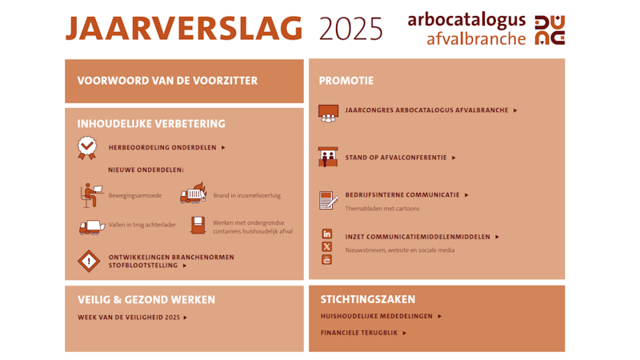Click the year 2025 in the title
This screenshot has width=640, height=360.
pyautogui.click(x=350, y=29)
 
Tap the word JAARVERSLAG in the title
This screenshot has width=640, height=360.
pyautogui.click(x=184, y=29)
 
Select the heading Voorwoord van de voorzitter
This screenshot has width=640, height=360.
pyautogui.click(x=167, y=81)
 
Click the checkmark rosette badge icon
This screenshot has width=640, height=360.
pyautogui.click(x=87, y=148)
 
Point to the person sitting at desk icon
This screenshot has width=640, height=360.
pyautogui.click(x=91, y=195)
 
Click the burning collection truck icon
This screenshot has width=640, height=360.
pyautogui.click(x=194, y=193)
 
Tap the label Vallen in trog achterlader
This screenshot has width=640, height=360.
pyautogui.click(x=142, y=225)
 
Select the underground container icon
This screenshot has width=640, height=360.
pyautogui.click(x=198, y=226)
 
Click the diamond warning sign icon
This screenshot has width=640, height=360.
pyautogui.click(x=89, y=262)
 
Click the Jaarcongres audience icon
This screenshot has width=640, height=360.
pyautogui.click(x=329, y=114)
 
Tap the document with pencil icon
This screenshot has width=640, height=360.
pyautogui.click(x=329, y=201)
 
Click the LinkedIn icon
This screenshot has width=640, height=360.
pyautogui.click(x=327, y=234)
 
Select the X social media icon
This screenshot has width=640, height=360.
pyautogui.click(x=327, y=246)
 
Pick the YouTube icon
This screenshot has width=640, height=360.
pyautogui.click(x=327, y=259)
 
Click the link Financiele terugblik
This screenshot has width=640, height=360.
pyautogui.click(x=364, y=333)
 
